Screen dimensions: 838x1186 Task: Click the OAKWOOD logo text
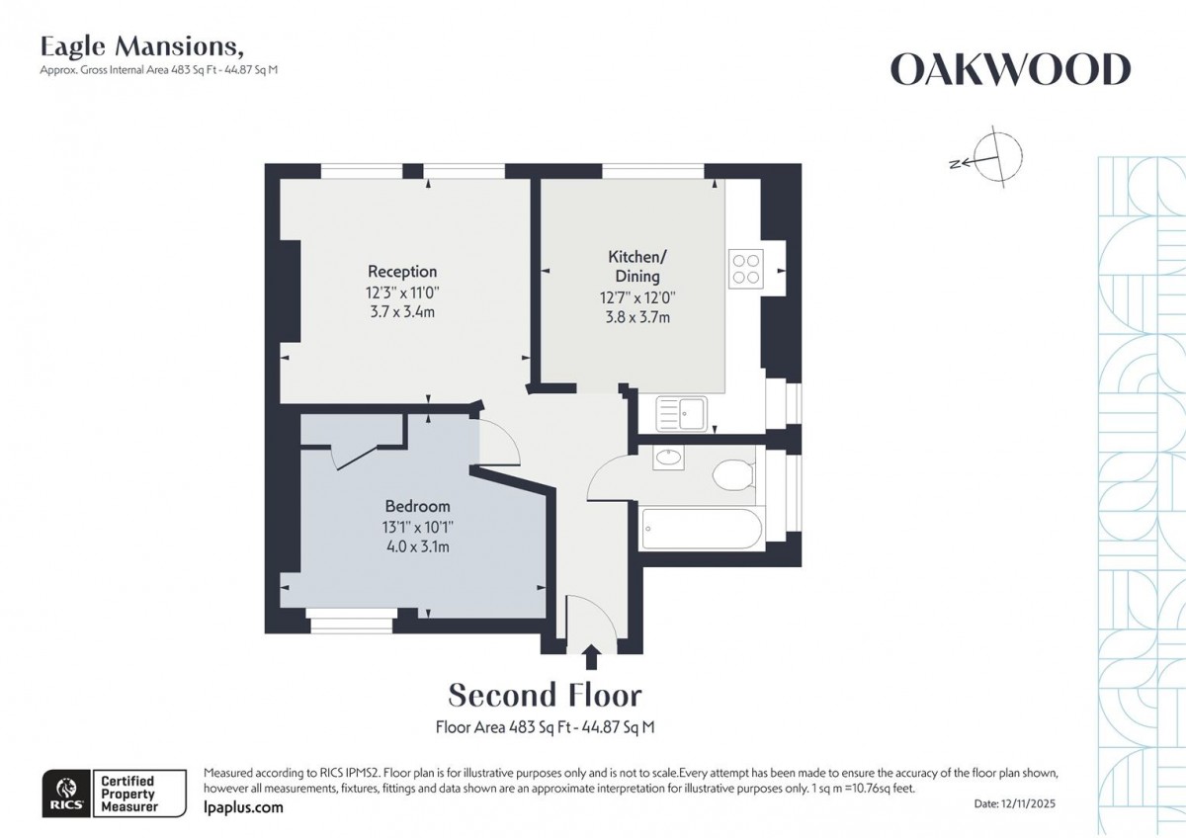(1010, 70)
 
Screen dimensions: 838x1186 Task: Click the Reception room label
(402, 271)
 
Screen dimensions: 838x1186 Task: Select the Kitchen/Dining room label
(634, 266)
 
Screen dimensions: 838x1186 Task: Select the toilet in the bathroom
(733, 475)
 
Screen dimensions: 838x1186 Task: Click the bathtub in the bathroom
(702, 528)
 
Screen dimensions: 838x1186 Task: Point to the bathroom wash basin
(669, 457)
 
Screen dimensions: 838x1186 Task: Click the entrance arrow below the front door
(591, 656)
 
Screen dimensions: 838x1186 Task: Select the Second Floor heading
(545, 695)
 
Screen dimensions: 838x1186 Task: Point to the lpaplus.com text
(243, 807)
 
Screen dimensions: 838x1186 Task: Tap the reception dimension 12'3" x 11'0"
(402, 293)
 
